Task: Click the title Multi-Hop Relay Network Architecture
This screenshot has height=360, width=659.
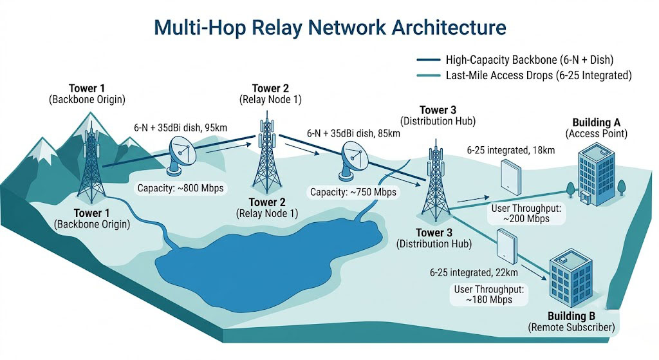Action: click(x=330, y=27)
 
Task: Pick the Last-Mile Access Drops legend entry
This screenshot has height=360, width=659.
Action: click(x=524, y=75)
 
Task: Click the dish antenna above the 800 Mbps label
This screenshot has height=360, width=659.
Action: click(x=181, y=156)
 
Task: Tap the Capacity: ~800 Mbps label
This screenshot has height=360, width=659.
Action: click(x=181, y=188)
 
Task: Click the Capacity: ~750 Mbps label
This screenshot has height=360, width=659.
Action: click(x=353, y=192)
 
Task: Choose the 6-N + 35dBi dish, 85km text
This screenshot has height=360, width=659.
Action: click(x=353, y=134)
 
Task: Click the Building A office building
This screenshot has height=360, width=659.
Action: click(x=596, y=174)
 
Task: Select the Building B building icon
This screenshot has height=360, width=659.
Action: click(x=571, y=278)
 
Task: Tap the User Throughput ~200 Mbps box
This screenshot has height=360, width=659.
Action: click(x=526, y=214)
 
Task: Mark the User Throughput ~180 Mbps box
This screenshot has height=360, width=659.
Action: click(x=489, y=294)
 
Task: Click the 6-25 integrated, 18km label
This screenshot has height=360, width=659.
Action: click(x=510, y=150)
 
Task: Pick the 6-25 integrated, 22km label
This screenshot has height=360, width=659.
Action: click(x=474, y=272)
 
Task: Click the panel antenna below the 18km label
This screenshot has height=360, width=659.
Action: click(x=510, y=177)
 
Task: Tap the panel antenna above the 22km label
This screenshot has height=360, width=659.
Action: click(x=506, y=247)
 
